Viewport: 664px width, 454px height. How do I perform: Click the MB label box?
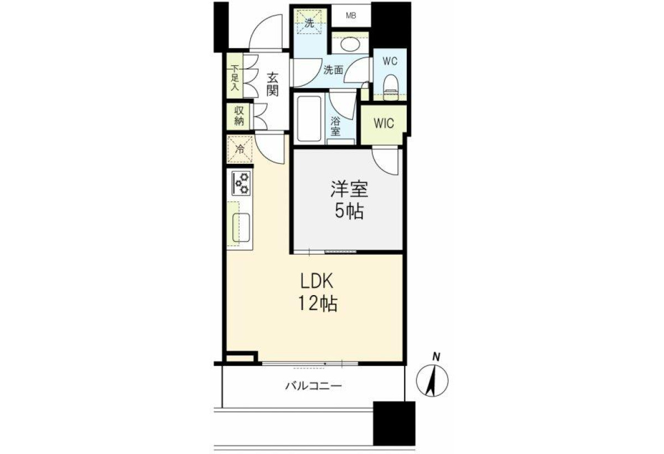pyautogui.click(x=351, y=16)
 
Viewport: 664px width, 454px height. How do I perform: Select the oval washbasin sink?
pyautogui.click(x=350, y=45)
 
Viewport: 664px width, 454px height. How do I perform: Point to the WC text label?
pyautogui.click(x=390, y=61)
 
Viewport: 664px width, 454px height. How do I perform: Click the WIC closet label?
pyautogui.click(x=384, y=123)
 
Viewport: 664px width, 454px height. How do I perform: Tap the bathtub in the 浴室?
pyautogui.click(x=309, y=118)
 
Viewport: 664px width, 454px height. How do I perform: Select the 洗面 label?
pyautogui.click(x=333, y=70)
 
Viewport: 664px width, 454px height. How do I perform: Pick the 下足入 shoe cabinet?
pyautogui.click(x=235, y=76)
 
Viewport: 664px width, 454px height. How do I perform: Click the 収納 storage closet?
pyautogui.click(x=238, y=116)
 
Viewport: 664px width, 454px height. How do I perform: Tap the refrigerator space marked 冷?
pyautogui.click(x=240, y=149)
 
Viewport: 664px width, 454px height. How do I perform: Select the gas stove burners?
pyautogui.click(x=241, y=183)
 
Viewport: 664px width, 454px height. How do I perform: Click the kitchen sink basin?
pyautogui.click(x=241, y=228)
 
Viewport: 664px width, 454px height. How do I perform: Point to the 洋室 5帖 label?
pyautogui.click(x=350, y=200)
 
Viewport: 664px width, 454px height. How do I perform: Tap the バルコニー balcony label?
pyautogui.click(x=314, y=386)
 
